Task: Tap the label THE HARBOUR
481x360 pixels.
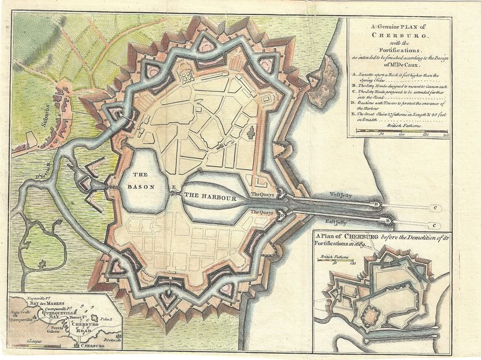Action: click(x=209, y=196)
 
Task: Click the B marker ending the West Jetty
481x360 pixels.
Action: click(x=378, y=205)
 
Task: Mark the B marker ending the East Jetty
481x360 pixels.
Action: click(x=390, y=223)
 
